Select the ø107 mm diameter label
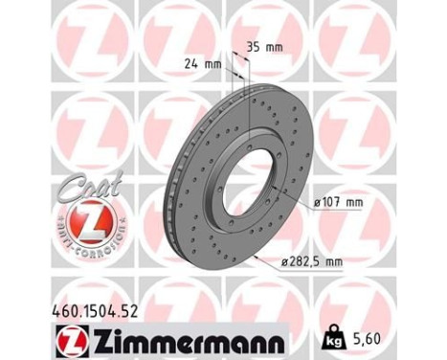click(339, 202)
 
